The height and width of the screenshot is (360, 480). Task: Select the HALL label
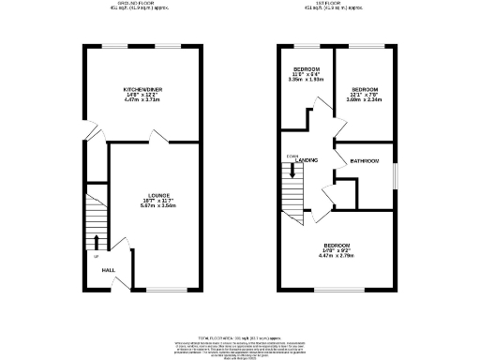tap(109, 269)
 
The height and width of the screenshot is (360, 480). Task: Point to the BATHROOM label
tap(365, 161)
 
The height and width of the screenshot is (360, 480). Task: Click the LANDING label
tap(307, 161)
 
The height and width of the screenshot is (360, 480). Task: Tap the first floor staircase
tap(294, 187)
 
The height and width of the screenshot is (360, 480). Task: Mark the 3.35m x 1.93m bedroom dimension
tap(307, 79)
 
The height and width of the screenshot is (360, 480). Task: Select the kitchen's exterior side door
tap(86, 129)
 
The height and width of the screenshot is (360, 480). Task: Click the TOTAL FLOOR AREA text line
tap(240, 335)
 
